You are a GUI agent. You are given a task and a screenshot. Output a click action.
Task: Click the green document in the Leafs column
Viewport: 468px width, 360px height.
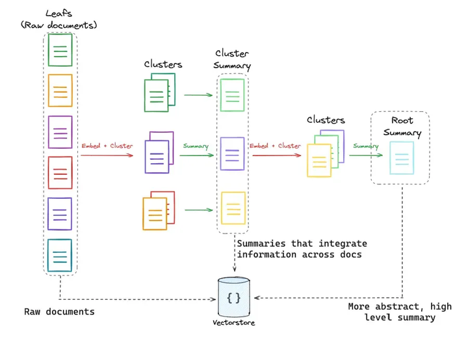tap(60, 50)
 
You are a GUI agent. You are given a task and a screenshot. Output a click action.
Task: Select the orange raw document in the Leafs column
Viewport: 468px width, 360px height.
tap(60, 90)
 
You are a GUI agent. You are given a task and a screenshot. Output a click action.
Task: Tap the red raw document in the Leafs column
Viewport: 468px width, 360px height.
tap(60, 173)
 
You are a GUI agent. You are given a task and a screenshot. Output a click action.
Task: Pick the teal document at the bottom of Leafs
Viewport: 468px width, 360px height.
tap(60, 255)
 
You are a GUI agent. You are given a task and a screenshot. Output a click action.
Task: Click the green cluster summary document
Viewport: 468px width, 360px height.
tap(232, 95)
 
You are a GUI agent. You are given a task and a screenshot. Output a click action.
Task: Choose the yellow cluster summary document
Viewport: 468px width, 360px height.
tap(233, 208)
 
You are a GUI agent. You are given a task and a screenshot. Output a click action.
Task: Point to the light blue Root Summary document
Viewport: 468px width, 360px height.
tap(402, 158)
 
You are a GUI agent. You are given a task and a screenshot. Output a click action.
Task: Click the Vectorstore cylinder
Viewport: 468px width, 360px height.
tap(234, 297)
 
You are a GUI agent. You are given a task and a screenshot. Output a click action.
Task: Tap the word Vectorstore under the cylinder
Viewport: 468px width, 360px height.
tap(234, 323)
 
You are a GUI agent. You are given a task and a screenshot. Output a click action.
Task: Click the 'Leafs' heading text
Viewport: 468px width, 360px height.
tap(58, 13)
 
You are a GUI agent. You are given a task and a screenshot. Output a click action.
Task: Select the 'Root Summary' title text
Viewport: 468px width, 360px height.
tap(402, 127)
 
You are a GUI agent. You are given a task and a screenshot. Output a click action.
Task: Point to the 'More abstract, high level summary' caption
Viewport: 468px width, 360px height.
tap(400, 312)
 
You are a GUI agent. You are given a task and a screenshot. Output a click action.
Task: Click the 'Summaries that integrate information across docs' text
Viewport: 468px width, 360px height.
tap(302, 249)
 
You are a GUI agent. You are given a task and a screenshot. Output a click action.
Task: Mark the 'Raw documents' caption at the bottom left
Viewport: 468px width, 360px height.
tap(59, 312)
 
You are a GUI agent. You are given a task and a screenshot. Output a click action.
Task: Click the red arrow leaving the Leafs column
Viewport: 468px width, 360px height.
tap(107, 155)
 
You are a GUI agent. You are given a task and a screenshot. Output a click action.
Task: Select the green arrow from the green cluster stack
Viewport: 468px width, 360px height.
tap(198, 95)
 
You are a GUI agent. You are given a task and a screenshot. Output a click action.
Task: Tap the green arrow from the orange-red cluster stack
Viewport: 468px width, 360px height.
tap(199, 210)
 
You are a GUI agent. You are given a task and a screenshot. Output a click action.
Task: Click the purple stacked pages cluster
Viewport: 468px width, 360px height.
tap(159, 152)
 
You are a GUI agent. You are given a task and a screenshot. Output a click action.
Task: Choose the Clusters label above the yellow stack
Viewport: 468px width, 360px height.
tap(326, 120)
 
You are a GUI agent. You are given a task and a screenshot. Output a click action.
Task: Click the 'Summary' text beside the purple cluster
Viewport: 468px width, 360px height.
tap(196, 146)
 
